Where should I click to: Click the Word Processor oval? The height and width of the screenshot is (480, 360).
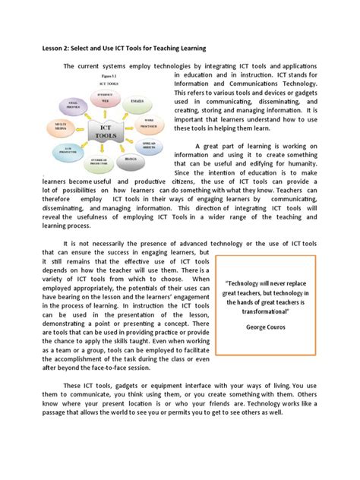point(150,122)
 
